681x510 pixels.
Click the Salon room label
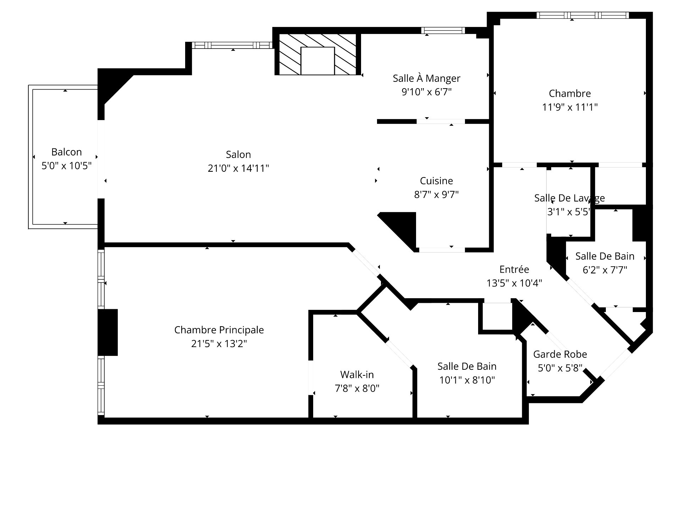(238, 154)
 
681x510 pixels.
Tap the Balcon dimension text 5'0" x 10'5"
(67, 166)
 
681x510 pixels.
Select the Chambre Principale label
(219, 330)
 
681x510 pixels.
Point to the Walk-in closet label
(357, 375)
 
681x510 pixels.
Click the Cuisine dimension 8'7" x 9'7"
(436, 194)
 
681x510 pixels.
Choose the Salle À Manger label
(426, 78)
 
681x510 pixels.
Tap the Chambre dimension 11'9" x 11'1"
(570, 107)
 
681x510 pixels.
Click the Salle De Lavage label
(569, 198)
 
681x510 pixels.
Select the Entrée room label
(514, 269)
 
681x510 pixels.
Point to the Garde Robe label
(560, 354)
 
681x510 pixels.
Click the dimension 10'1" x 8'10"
(467, 380)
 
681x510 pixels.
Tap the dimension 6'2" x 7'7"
(605, 270)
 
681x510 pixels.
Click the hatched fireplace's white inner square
(317, 61)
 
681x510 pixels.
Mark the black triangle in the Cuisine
(403, 227)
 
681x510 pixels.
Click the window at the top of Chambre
(582, 15)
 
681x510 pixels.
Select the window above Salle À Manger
(443, 30)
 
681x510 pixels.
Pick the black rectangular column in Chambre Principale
(108, 332)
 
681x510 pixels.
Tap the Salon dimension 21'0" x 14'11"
(238, 168)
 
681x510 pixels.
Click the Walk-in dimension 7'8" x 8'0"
(357, 389)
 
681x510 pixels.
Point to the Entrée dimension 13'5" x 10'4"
(514, 283)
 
